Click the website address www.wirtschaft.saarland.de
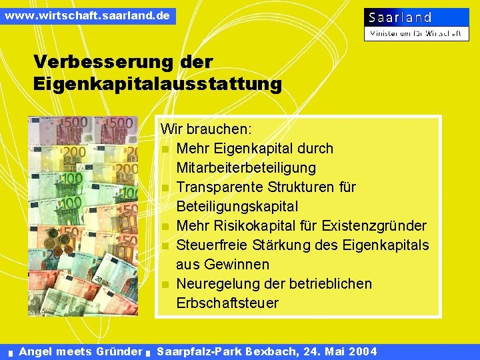[x=87, y=15]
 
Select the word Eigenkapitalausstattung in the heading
[x=157, y=85]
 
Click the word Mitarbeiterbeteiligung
[x=246, y=167]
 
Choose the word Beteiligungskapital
[x=237, y=206]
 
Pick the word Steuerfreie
[x=211, y=245]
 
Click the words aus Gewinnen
[x=223, y=264]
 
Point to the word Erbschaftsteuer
[x=227, y=303]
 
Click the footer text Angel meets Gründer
[x=81, y=351]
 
